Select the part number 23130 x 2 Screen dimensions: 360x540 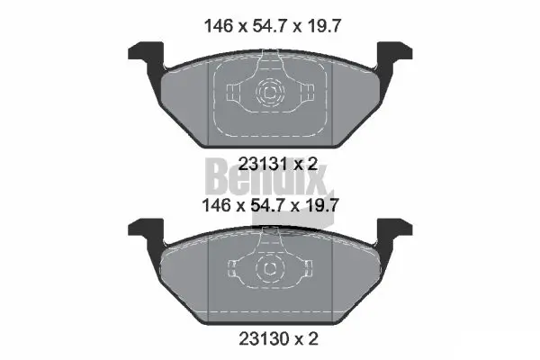269,339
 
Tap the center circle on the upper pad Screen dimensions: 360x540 269,91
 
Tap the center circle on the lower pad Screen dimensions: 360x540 269,267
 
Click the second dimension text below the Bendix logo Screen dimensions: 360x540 269,205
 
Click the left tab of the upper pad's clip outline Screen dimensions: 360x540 234,91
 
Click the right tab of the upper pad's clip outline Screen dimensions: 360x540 305,91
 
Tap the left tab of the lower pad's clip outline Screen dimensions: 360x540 234,267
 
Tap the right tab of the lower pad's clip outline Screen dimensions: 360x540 305,267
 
